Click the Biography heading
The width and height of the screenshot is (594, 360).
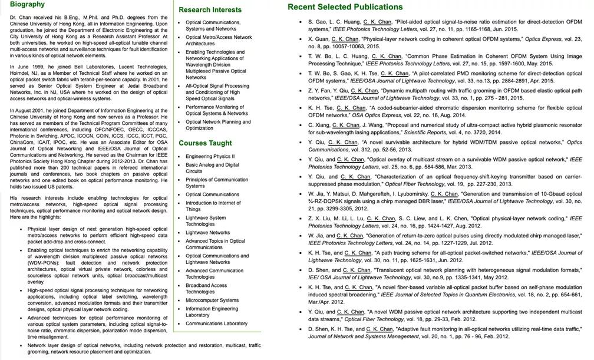pos(27,5)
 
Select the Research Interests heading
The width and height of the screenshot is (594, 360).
pos(210,10)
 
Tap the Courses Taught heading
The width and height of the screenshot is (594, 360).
pos(205,143)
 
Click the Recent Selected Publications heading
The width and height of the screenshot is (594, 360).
pos(345,7)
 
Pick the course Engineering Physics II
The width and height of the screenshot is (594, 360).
pos(210,157)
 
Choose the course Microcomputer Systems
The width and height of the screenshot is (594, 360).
pos(212,300)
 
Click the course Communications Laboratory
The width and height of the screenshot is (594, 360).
pos(216,323)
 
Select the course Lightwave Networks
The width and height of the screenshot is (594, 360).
pos(207,233)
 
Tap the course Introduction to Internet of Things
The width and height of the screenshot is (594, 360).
pos(213,206)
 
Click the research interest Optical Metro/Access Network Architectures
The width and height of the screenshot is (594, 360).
pos(218,40)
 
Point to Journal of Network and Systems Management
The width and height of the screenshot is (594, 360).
pos(366,337)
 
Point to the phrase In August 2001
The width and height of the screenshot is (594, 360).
pos(28,111)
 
